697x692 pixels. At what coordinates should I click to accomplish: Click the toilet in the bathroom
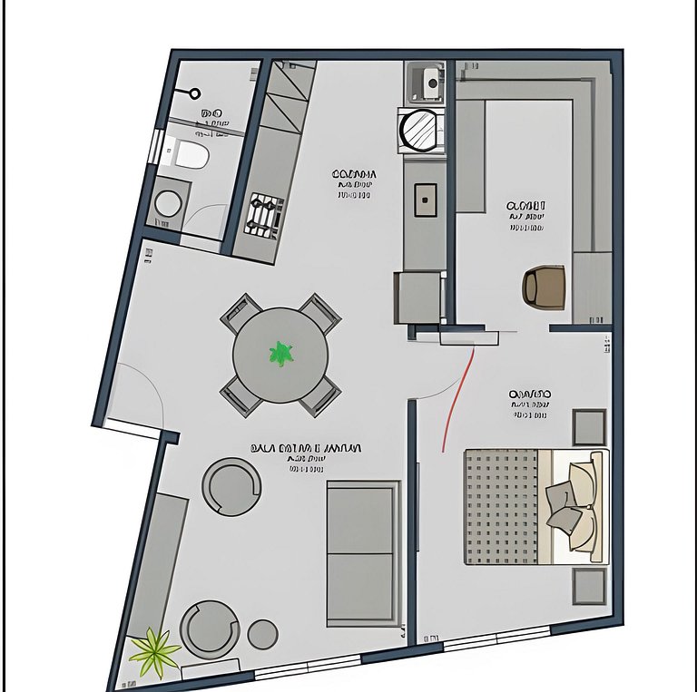[191, 155]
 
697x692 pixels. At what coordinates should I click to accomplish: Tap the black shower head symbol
[193, 93]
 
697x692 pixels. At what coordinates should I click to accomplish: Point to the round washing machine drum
[421, 129]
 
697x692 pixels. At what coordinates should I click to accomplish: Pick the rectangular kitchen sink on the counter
[425, 200]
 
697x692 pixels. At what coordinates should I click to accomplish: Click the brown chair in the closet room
[545, 286]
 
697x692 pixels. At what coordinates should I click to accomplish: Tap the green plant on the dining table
[281, 354]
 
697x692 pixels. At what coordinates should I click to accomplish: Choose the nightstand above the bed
[589, 426]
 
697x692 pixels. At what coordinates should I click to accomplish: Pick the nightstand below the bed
[589, 587]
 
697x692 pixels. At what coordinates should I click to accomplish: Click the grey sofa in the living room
[362, 552]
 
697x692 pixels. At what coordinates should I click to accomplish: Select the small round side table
[263, 633]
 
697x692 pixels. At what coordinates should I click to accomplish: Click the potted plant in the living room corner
[155, 651]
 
